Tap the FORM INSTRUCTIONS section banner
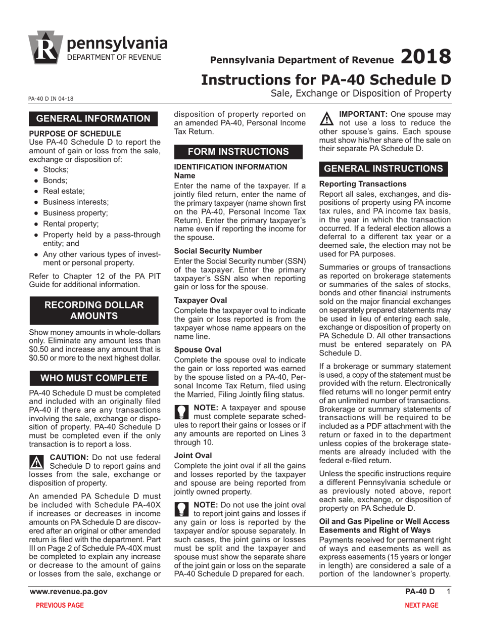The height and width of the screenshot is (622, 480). point(238,152)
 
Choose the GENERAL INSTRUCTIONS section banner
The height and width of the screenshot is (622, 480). point(383,168)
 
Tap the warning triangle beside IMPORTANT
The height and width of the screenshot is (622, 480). point(328,119)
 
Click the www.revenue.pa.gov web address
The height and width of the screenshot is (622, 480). point(68,592)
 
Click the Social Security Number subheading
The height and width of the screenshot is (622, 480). point(218,251)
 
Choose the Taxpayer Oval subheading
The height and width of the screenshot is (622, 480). point(201,300)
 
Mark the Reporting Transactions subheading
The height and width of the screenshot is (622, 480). point(363,184)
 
